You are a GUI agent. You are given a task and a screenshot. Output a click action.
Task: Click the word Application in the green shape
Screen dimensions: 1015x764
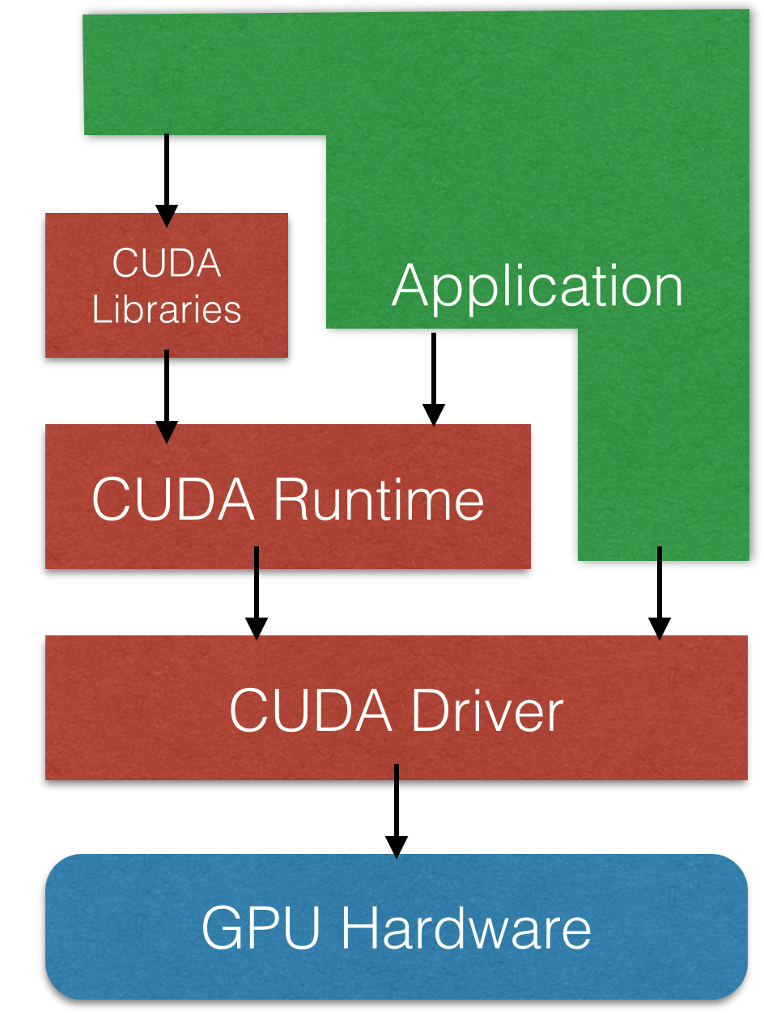click(x=537, y=287)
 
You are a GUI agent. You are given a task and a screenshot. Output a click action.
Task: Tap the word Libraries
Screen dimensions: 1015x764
click(x=167, y=309)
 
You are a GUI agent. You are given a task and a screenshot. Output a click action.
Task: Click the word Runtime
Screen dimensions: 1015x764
click(x=378, y=499)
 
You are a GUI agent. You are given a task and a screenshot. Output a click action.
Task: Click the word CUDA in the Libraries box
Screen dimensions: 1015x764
click(x=167, y=263)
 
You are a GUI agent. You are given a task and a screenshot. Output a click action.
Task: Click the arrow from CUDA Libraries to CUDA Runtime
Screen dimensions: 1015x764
click(x=167, y=393)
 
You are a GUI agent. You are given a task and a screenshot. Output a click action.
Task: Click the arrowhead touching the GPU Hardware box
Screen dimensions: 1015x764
click(x=396, y=847)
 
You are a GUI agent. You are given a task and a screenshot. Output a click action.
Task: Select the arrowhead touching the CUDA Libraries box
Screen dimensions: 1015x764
click(x=167, y=216)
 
